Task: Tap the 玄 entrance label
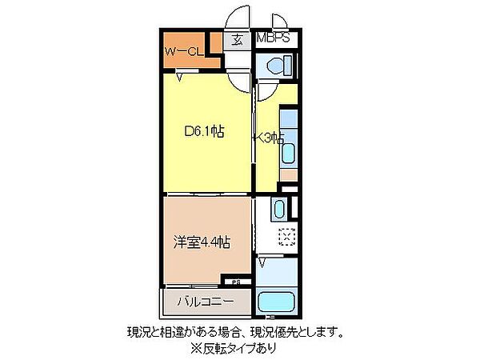point(238,38)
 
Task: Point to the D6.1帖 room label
point(203,133)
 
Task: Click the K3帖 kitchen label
point(269,138)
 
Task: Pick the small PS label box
point(236,282)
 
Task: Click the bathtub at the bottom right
point(278,303)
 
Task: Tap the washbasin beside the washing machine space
point(278,210)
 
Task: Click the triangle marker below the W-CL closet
point(182,77)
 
